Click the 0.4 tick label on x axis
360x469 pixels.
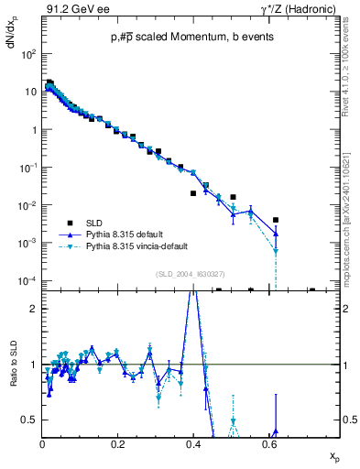(192, 443)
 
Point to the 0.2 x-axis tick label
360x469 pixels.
(117, 443)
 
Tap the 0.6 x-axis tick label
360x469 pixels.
(267, 443)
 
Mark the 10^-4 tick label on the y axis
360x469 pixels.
(27, 280)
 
